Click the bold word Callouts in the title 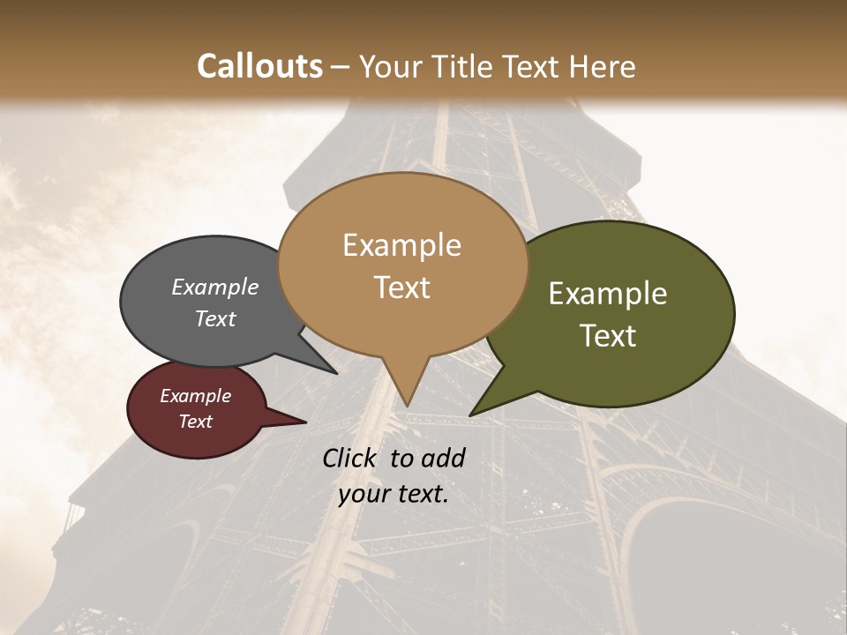(259, 66)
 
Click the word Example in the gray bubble (214, 288)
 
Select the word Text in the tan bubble (402, 288)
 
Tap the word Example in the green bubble (608, 294)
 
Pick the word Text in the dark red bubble (196, 422)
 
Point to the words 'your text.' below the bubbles (394, 494)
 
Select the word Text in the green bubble (609, 336)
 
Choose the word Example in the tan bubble (402, 245)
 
